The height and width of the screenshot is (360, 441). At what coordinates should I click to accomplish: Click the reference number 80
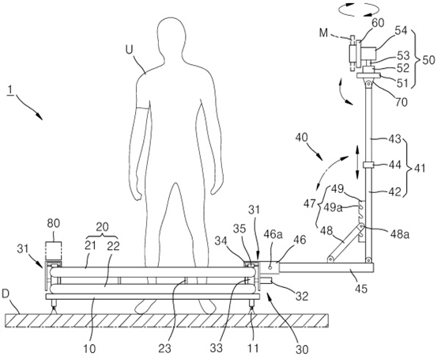point(54,223)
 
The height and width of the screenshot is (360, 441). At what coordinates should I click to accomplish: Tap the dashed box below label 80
point(54,251)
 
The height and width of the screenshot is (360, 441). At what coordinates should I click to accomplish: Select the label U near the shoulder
point(129,50)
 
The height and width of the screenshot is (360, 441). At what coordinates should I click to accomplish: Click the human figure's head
point(171,35)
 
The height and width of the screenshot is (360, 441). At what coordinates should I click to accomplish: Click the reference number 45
point(361,289)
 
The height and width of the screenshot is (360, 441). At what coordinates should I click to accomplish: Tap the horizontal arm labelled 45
point(326,268)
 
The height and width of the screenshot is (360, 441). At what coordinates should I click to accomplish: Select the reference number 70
point(401,102)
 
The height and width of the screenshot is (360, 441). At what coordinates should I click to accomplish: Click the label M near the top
point(324,33)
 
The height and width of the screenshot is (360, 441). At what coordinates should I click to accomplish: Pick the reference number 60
point(378,23)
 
